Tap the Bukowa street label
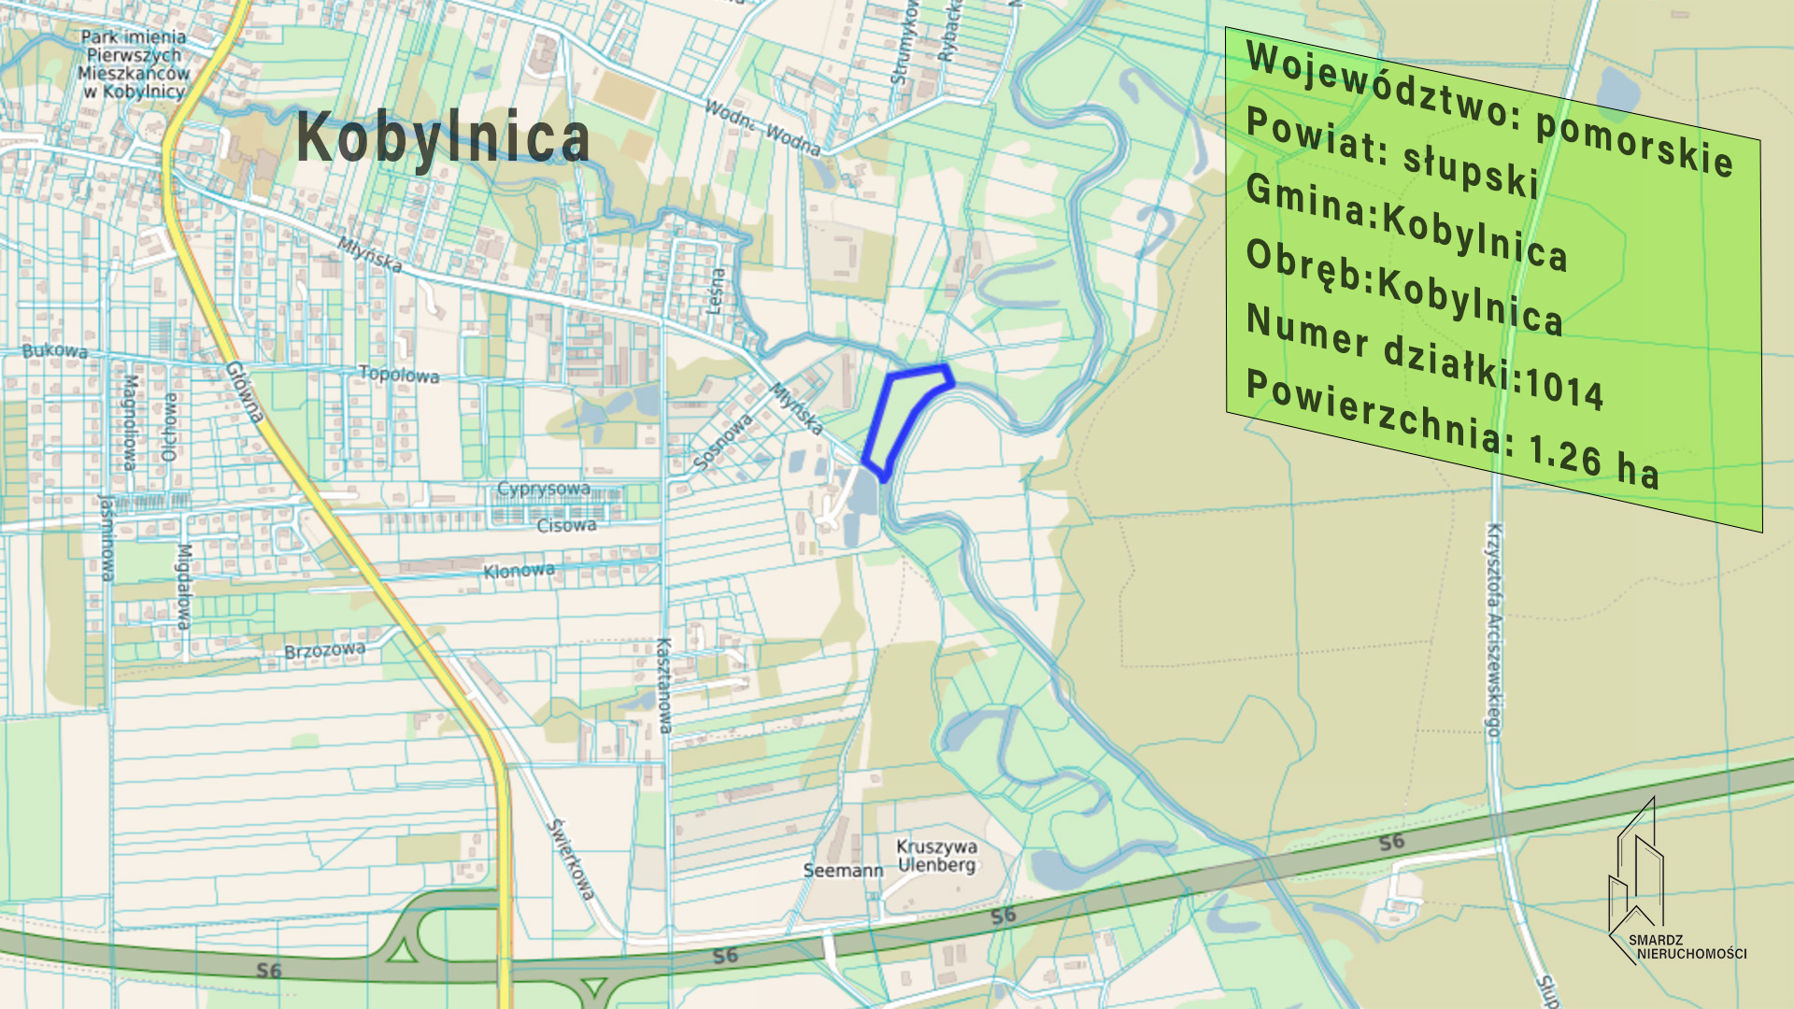pos(55,351)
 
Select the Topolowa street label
pos(399,375)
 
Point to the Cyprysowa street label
pos(543,489)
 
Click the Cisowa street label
pos(566,525)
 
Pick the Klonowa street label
pos(519,570)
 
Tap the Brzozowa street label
pos(324,649)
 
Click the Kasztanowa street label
pos(663,685)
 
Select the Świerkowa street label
pos(570,860)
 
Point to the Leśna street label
pos(717,291)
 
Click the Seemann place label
pos(843,871)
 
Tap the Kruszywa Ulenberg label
pos(936,856)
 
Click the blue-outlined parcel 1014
pos(902,416)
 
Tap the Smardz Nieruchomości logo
pos(1673,897)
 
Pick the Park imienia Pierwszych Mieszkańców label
pos(135,64)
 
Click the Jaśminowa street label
pos(107,537)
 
